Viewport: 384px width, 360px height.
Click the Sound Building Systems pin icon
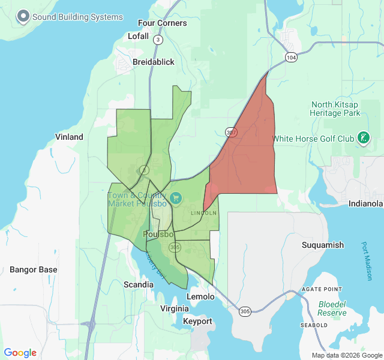tap(23, 16)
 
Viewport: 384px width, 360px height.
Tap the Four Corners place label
tap(162, 23)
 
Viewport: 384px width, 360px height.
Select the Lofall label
tap(138, 36)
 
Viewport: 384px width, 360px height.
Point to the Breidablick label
tap(154, 62)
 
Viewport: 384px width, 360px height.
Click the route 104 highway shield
tap(291, 57)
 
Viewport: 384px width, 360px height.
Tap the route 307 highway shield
tap(232, 131)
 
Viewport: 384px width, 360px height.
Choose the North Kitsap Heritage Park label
tap(335, 109)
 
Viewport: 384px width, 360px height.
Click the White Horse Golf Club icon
tap(362, 139)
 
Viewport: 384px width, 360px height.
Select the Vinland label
tap(69, 137)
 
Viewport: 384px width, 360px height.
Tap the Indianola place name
tap(365, 204)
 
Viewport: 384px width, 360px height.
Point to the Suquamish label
tap(322, 245)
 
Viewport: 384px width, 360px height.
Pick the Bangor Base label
tap(34, 269)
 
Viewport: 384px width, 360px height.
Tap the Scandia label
tap(139, 284)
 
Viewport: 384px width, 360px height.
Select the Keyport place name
tap(197, 321)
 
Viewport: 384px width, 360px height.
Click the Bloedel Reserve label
tap(332, 308)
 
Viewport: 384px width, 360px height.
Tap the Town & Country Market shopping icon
tap(177, 197)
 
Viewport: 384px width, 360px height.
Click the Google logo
tap(20, 353)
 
